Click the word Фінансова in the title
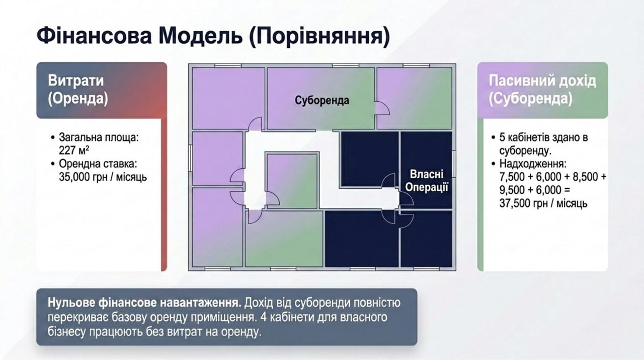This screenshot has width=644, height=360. click(x=94, y=36)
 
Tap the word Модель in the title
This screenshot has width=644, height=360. click(x=200, y=36)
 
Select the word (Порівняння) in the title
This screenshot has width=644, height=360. click(x=319, y=36)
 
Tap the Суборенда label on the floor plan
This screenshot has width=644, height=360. click(x=322, y=100)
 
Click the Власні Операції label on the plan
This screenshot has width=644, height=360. click(x=427, y=181)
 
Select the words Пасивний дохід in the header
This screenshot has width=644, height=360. click(x=542, y=81)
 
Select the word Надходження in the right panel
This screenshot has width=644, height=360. click(x=533, y=164)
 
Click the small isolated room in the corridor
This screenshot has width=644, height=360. click(x=292, y=181)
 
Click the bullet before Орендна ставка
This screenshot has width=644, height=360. click(x=52, y=164)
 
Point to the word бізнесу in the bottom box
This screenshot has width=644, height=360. click(x=67, y=332)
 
